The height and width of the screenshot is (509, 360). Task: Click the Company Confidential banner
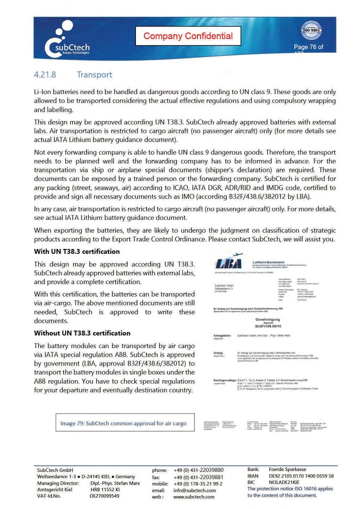(x=188, y=36)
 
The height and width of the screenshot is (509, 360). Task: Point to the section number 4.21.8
(x=45, y=75)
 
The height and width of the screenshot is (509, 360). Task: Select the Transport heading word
(x=94, y=75)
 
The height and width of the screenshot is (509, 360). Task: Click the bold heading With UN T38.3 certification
(x=77, y=251)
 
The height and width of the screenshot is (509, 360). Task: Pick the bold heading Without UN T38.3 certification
(x=82, y=333)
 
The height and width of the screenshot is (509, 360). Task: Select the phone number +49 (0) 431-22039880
(x=199, y=469)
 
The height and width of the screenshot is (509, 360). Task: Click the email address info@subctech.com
(x=195, y=490)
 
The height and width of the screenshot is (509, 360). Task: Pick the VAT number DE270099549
(x=104, y=496)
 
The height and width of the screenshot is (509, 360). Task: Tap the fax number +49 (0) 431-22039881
(x=199, y=476)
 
